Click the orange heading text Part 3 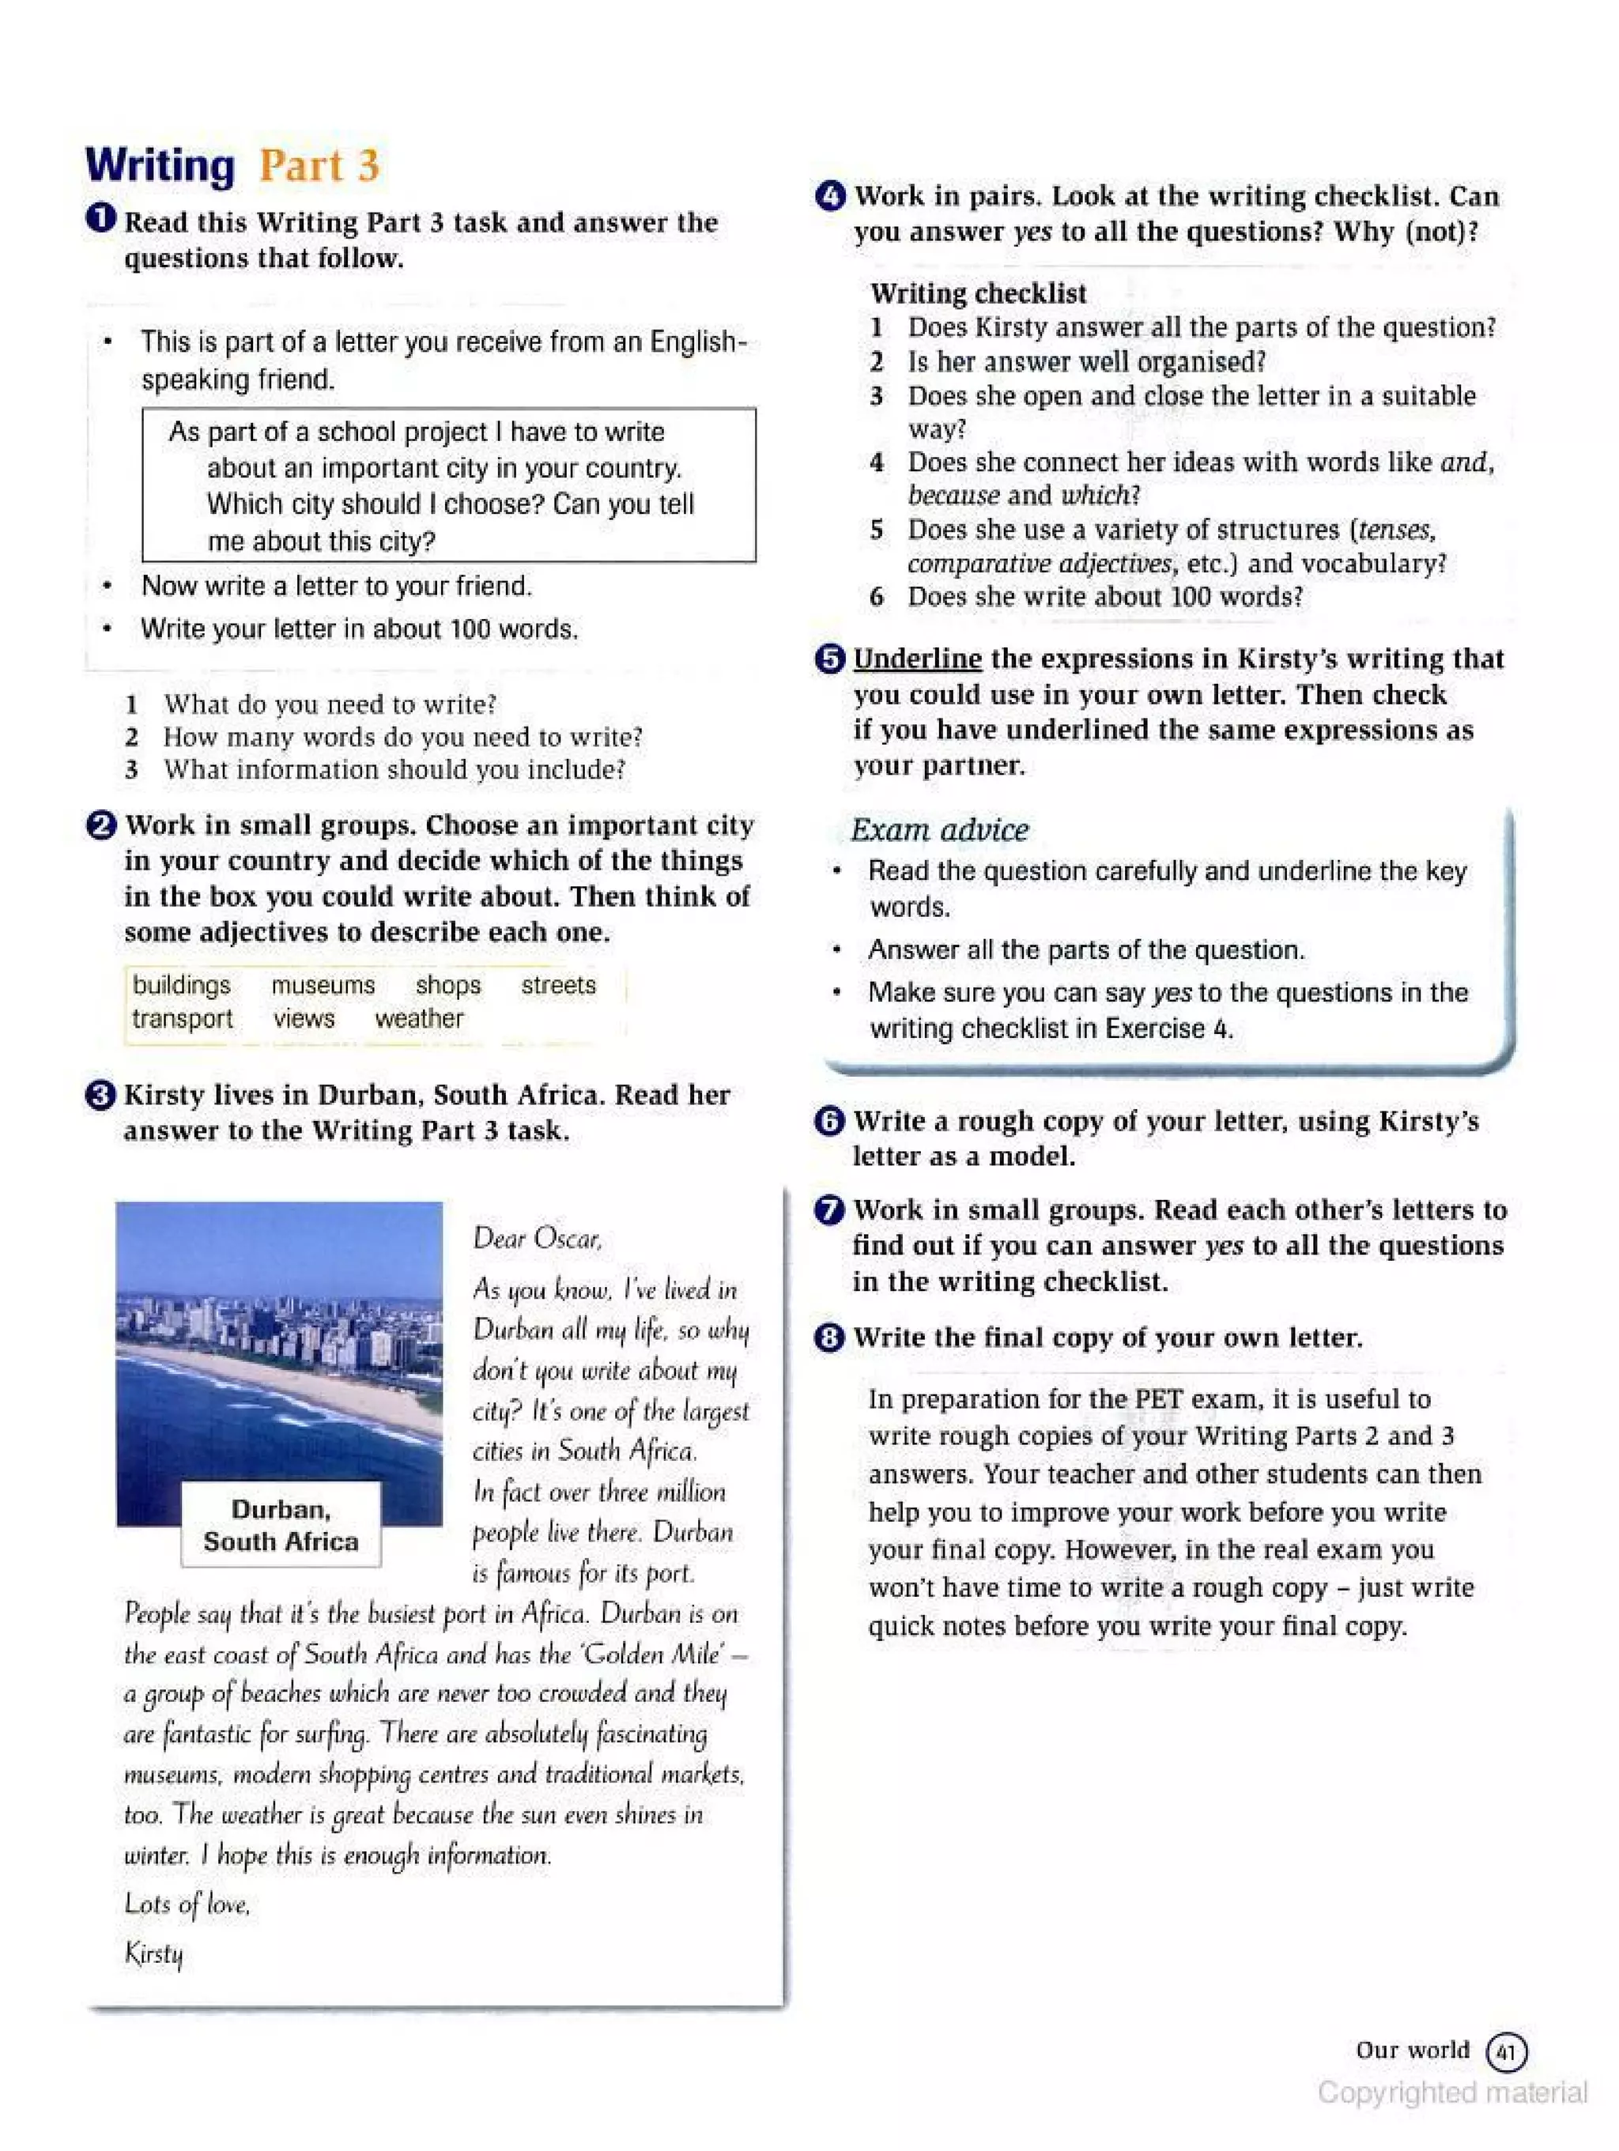click(319, 166)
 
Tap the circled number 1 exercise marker click(100, 219)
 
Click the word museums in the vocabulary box click(323, 985)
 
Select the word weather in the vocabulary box click(419, 1018)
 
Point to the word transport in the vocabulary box click(183, 1018)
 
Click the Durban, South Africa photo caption click(281, 1525)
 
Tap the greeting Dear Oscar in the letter click(537, 1238)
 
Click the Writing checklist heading click(978, 292)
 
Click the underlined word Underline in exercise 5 click(917, 659)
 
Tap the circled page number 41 click(1506, 2052)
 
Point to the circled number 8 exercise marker click(828, 1338)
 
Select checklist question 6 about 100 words click(1104, 596)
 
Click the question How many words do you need click(402, 737)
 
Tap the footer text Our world click(1412, 2050)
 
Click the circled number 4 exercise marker click(829, 196)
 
